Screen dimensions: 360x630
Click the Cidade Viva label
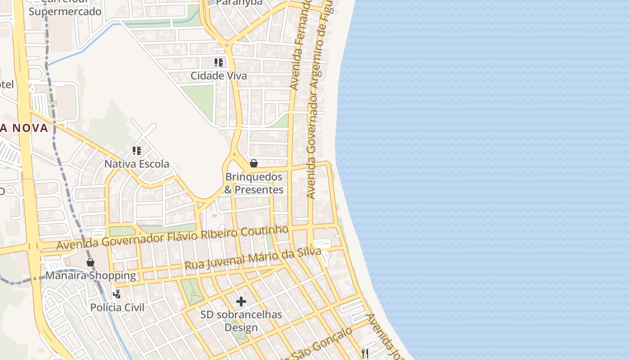click(x=219, y=76)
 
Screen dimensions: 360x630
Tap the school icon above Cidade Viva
click(x=219, y=62)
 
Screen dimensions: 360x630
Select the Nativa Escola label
click(x=137, y=164)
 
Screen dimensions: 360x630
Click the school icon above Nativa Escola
click(x=137, y=150)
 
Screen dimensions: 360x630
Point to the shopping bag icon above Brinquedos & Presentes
click(x=254, y=163)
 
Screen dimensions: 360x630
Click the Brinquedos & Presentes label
click(x=254, y=183)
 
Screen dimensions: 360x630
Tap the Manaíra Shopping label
click(x=90, y=275)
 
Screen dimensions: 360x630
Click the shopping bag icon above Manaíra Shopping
click(x=90, y=262)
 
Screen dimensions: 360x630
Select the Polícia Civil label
click(x=117, y=307)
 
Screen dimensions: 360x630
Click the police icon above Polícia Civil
click(x=117, y=294)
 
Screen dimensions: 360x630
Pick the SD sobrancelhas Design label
click(x=241, y=321)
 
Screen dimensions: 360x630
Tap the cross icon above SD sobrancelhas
click(x=241, y=301)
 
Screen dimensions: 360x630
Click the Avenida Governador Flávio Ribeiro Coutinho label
click(x=172, y=237)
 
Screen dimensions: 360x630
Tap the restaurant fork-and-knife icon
click(x=365, y=353)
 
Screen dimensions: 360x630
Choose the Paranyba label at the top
click(x=239, y=3)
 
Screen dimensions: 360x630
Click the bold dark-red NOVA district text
click(x=24, y=128)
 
